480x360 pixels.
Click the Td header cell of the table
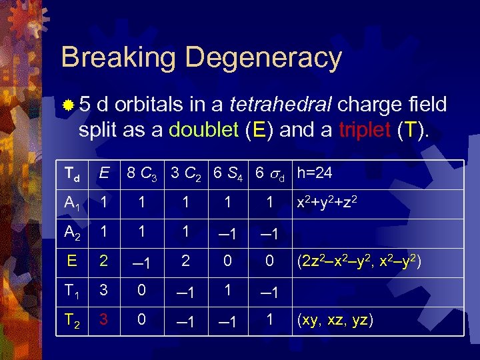(71, 175)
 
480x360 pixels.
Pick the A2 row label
(71, 233)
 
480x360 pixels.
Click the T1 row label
(71, 291)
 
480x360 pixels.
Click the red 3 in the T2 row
(103, 320)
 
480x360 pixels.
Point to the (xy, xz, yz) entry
(335, 321)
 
